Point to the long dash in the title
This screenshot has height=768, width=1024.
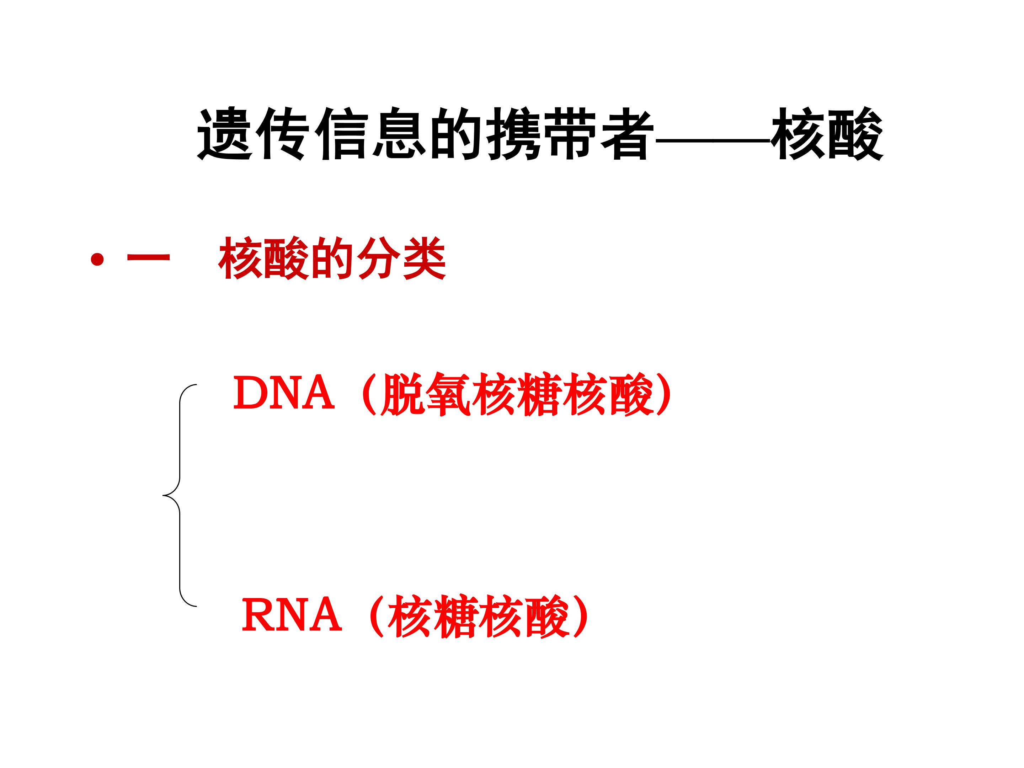[x=713, y=138]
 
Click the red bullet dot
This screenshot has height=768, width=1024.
[x=97, y=260]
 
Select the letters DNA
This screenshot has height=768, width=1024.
[x=283, y=393]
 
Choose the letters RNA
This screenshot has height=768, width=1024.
[x=292, y=614]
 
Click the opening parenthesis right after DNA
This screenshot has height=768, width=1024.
[x=368, y=394]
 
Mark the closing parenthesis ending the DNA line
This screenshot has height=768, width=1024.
[x=664, y=394]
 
